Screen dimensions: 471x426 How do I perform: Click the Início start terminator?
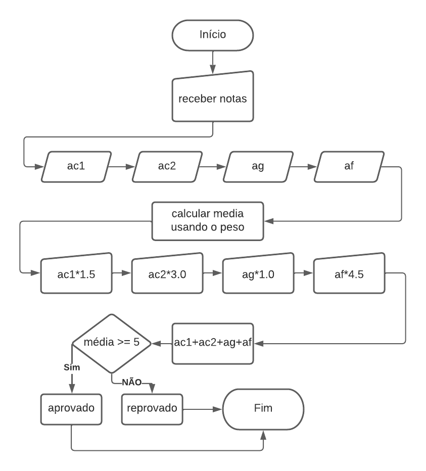[212, 35]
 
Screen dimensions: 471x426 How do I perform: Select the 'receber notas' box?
[212, 99]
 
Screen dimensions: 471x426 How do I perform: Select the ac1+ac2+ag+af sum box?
[212, 344]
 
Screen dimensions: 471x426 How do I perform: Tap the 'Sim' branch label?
[72, 367]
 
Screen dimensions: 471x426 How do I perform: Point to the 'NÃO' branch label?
[131, 382]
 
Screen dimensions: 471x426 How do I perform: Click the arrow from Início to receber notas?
[212, 64]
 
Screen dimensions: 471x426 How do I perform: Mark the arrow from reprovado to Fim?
[202, 408]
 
